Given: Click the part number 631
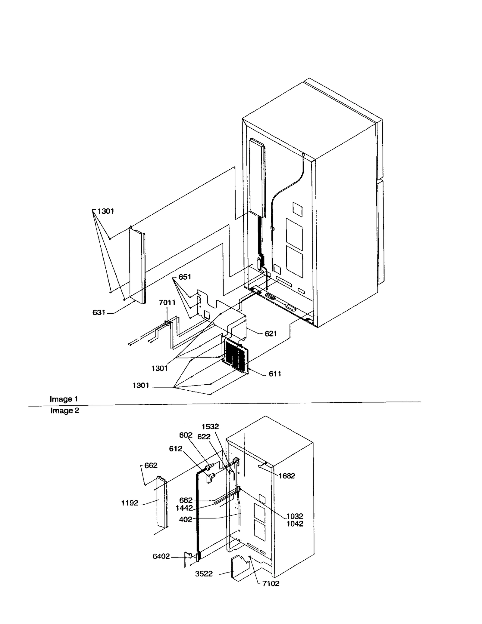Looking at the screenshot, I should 99,313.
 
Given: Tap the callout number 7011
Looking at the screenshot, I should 167,302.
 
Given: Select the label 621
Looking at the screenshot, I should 271,334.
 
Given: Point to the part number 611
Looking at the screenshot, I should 275,374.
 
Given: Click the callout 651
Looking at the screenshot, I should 185,277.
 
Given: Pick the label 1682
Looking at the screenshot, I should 286,476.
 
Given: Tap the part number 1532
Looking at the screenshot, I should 210,426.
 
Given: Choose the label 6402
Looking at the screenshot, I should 161,556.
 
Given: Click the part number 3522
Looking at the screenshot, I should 204,574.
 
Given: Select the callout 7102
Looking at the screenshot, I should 271,583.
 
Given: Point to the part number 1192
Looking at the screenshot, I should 130,503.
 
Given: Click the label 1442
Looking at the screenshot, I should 184,508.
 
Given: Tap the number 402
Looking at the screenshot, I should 186,519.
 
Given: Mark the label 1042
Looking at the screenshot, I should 295,524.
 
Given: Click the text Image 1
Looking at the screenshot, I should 64,399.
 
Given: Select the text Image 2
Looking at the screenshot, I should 64,410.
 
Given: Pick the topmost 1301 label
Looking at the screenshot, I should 105,211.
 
